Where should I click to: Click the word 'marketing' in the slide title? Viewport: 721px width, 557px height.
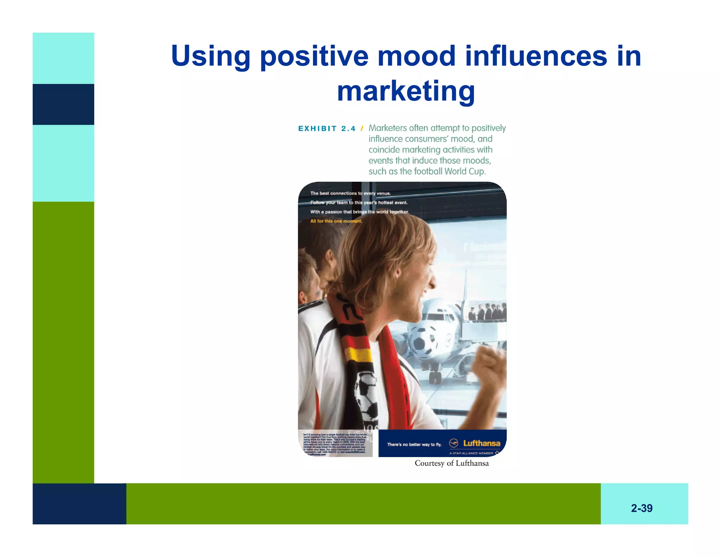(x=406, y=91)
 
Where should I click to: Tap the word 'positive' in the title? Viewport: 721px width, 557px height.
(x=314, y=56)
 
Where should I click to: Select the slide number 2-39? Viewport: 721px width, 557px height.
(x=641, y=508)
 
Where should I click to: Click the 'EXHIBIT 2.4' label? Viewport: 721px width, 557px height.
(x=327, y=129)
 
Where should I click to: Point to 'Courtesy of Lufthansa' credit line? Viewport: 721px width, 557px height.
(x=451, y=463)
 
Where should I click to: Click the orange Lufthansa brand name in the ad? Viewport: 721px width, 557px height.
(x=481, y=443)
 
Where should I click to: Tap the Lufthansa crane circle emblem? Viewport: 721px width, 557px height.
(x=454, y=443)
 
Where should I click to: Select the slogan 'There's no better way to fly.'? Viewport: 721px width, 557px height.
(x=414, y=445)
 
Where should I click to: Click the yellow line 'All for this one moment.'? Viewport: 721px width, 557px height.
(x=336, y=221)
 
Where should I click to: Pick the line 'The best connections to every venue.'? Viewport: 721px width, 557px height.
(x=350, y=193)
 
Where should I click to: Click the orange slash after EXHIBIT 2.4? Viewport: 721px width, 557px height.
(x=362, y=129)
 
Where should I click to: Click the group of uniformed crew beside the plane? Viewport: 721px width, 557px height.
(x=488, y=312)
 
